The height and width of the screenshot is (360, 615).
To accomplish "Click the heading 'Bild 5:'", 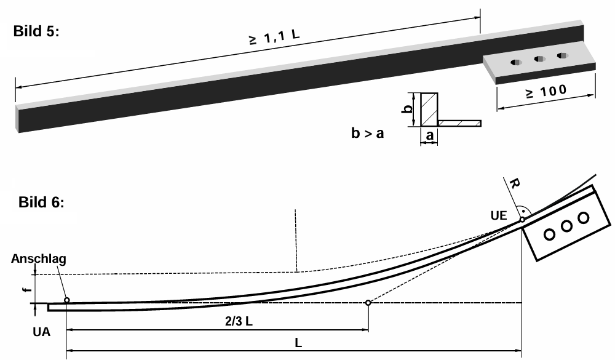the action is point(36,31).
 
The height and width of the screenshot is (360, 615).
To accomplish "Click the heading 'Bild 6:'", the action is point(41,202).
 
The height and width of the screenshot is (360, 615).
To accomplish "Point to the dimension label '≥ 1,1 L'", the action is point(274,38).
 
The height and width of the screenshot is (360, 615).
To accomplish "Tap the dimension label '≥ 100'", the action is point(546,92).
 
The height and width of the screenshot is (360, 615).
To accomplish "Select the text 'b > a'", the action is point(368,134).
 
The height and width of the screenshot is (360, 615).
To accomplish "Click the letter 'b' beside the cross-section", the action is point(408,108).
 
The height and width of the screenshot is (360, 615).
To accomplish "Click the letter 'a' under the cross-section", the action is point(430,135).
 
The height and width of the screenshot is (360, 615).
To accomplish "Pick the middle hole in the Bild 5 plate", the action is point(540,59).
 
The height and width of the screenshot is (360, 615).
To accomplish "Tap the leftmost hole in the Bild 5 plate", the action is point(516,62).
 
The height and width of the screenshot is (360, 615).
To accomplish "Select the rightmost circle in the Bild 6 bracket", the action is point(584,217).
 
